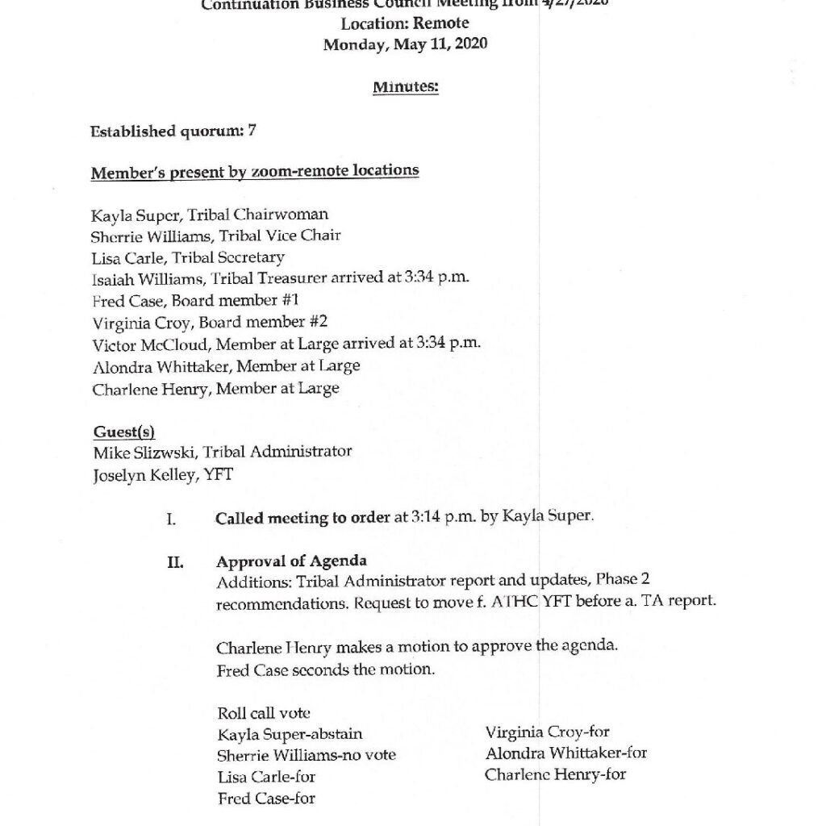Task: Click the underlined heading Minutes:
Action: (x=405, y=87)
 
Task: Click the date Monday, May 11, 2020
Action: (x=405, y=45)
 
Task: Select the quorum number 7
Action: (x=252, y=130)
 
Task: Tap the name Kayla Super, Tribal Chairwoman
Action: (x=210, y=215)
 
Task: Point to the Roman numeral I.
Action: (x=171, y=518)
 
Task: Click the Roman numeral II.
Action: (x=175, y=562)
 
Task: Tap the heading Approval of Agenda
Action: (x=291, y=562)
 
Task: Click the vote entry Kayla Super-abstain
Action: (x=290, y=735)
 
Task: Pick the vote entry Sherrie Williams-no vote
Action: (x=307, y=756)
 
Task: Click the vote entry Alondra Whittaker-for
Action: (x=565, y=753)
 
